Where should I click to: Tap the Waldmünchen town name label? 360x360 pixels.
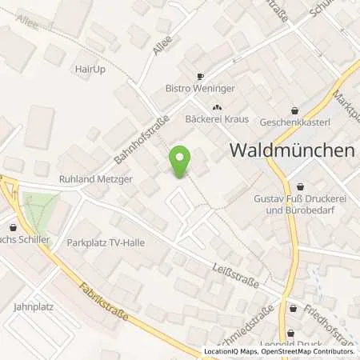(x=293, y=150)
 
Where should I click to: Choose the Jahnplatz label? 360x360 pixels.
(x=32, y=306)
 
